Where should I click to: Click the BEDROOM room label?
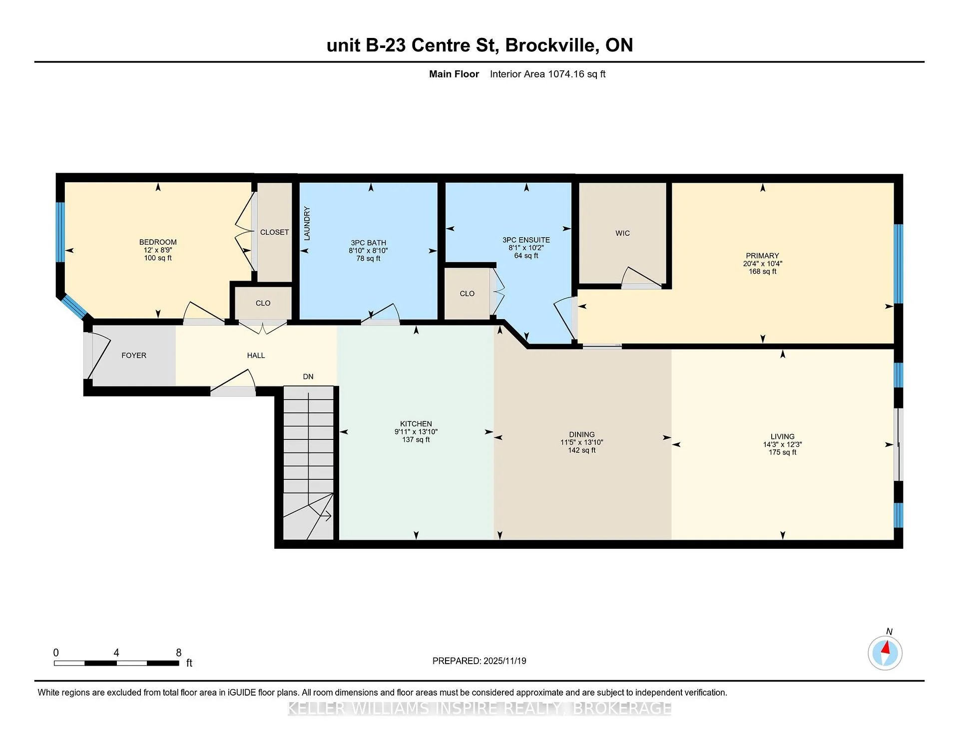coord(158,242)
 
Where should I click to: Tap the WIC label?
coord(622,233)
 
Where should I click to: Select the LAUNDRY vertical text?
coord(307,223)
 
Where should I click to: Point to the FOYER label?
coord(134,356)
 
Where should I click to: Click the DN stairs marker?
coord(308,376)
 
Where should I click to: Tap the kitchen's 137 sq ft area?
coord(416,439)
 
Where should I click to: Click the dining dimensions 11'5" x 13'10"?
coord(582,442)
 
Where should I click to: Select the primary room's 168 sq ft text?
coord(763,272)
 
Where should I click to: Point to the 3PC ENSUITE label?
coord(526,240)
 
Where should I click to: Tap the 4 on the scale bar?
coord(116,653)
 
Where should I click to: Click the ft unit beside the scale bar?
coord(189,663)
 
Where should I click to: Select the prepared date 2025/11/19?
coord(505,661)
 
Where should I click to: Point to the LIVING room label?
coord(782,436)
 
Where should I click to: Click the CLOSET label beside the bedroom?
coord(275,232)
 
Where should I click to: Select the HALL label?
coord(256,356)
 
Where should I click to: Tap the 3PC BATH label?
coord(368,243)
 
